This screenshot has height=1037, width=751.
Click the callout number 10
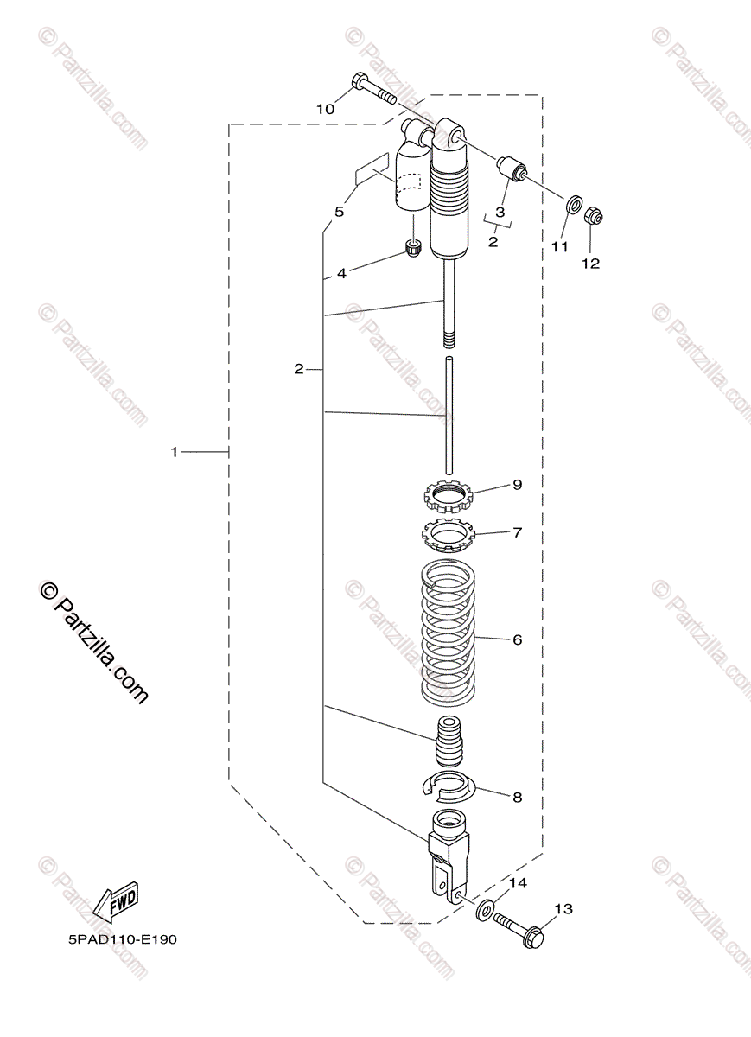325,109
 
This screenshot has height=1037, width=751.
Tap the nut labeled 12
593,216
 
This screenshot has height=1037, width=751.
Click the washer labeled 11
574,204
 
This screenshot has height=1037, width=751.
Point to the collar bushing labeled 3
512,169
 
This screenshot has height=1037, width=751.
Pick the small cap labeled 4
413,250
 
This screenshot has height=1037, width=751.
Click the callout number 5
340,212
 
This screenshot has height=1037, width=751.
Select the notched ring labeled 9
448,496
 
